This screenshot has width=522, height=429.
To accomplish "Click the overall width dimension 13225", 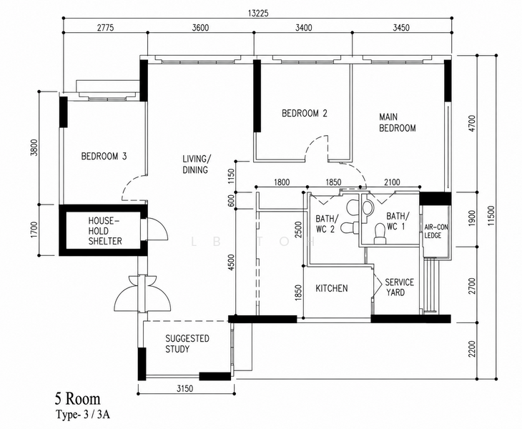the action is click(x=258, y=14).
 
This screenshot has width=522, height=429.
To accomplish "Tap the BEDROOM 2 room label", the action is click(x=305, y=113).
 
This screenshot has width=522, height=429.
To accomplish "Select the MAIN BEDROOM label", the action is click(x=398, y=122).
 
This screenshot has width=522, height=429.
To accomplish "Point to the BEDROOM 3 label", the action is click(x=104, y=156).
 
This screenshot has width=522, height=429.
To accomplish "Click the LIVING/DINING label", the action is click(x=197, y=164).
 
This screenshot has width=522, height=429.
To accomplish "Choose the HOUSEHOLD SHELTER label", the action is click(x=105, y=231).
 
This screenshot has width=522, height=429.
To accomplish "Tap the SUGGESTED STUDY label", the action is click(x=187, y=344).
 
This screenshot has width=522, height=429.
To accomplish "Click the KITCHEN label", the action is click(x=332, y=288).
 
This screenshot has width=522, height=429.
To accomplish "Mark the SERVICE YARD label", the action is click(x=399, y=287).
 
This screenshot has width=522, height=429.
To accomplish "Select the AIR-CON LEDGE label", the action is click(x=436, y=232).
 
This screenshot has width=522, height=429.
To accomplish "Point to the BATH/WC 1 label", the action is click(x=398, y=222).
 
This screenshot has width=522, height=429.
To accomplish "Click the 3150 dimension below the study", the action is click(x=184, y=388).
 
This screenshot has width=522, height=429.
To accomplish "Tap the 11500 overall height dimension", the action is click(x=491, y=216).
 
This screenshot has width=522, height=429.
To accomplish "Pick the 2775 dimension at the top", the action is click(x=105, y=27).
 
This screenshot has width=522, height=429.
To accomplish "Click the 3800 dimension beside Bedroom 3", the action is click(x=34, y=147).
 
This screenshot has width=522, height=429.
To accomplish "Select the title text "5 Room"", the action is click(x=77, y=399).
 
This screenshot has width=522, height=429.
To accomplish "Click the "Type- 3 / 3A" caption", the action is click(x=82, y=415).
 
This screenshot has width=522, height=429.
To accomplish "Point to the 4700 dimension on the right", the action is click(x=472, y=124).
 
